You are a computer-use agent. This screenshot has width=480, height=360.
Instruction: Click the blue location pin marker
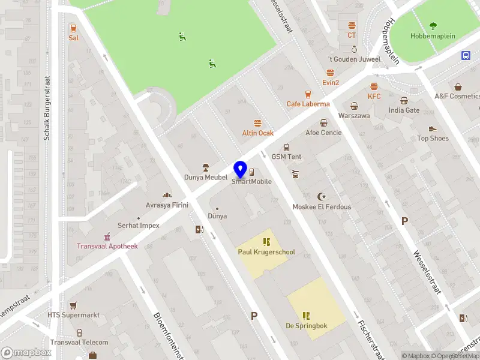tap(241, 170)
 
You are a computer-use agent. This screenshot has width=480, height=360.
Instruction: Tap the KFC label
tap(374, 96)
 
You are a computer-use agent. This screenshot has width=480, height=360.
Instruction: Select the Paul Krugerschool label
tap(266, 252)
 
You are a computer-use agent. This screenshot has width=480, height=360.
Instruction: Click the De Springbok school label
tap(306, 326)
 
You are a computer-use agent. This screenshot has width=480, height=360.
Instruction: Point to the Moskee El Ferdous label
tap(322, 206)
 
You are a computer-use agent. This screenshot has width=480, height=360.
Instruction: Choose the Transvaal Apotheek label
tap(107, 246)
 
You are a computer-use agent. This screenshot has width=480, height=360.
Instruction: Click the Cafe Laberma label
tap(308, 103)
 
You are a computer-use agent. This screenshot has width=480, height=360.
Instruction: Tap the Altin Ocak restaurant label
tap(258, 133)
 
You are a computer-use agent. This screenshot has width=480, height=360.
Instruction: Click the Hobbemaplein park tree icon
tap(433, 26)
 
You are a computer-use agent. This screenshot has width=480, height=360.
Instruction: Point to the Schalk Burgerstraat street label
tap(46, 108)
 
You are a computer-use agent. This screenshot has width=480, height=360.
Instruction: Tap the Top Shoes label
tap(433, 138)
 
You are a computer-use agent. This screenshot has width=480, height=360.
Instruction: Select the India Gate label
tap(404, 110)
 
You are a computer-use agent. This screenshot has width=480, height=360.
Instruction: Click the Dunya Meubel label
tap(205, 178)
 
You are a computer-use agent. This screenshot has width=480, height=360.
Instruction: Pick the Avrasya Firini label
tap(167, 205)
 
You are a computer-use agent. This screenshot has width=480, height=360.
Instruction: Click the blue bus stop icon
tap(466, 55)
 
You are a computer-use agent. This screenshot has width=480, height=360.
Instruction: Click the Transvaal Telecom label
tap(79, 343)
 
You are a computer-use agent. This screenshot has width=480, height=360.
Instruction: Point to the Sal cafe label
tap(73, 37)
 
